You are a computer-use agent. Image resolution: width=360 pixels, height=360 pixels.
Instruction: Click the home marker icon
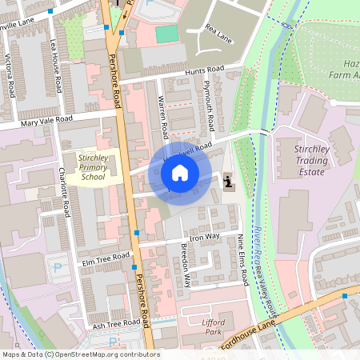pyautogui.click(x=180, y=172)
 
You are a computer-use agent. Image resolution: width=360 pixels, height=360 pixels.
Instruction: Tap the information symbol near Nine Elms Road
pyautogui.click(x=230, y=181)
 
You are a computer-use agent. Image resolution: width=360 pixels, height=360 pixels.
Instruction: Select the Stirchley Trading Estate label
pyautogui.click(x=299, y=159)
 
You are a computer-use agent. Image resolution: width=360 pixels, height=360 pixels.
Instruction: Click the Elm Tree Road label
pyautogui.click(x=106, y=259)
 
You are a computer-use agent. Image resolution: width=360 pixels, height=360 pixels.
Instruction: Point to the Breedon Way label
pyautogui.click(x=186, y=265)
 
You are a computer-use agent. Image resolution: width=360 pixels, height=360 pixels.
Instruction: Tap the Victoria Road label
pyautogui.click(x=10, y=75)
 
